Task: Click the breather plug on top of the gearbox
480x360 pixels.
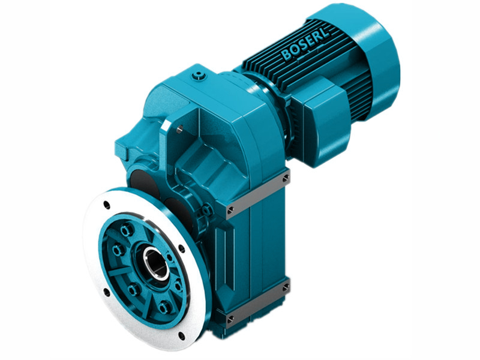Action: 199,76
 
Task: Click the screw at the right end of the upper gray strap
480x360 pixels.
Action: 286,178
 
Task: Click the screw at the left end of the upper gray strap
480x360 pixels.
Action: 230,209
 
